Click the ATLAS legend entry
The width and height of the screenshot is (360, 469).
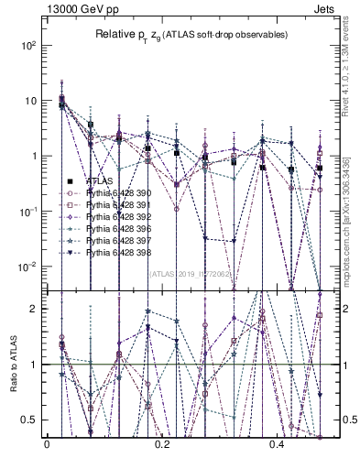(99, 182)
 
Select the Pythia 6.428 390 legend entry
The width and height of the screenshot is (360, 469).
(109, 194)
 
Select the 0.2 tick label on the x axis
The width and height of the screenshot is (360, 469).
(163, 446)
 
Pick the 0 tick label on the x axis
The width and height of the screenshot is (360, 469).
(47, 446)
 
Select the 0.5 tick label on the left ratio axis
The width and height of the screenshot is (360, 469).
(30, 420)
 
